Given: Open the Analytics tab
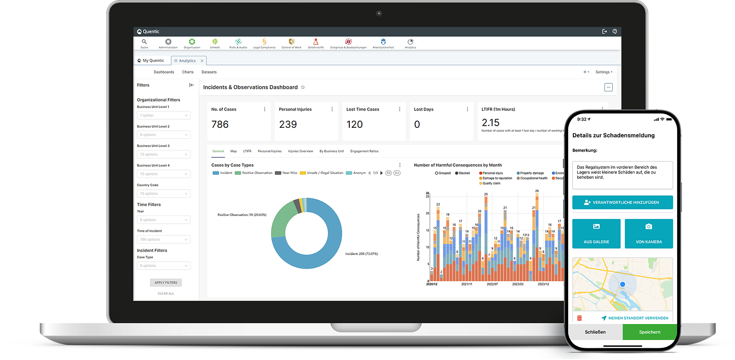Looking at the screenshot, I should coord(187,60).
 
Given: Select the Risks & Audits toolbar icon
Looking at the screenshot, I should coord(238,43).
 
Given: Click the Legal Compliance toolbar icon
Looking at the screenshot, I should coord(264,43).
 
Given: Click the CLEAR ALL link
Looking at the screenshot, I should coord(166,294).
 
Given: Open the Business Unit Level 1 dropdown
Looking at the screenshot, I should coord(164,116).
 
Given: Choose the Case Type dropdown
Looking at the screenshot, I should coord(164,266).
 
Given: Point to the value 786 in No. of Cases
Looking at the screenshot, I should coord(220,124).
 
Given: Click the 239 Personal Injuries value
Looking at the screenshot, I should coord(288,124).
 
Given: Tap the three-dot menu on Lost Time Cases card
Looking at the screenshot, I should coord(400,109).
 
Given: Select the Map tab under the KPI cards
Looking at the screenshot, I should coord(233,151).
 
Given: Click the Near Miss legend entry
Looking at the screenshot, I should coord(286,173).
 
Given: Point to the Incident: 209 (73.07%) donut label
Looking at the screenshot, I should coord(361,254).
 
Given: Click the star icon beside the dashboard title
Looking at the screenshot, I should coord(303,87).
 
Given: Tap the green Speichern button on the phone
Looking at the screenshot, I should coord(649,332).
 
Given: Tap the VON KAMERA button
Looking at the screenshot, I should coord(649,234).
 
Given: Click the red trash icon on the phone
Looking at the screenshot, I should coord(579,318).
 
